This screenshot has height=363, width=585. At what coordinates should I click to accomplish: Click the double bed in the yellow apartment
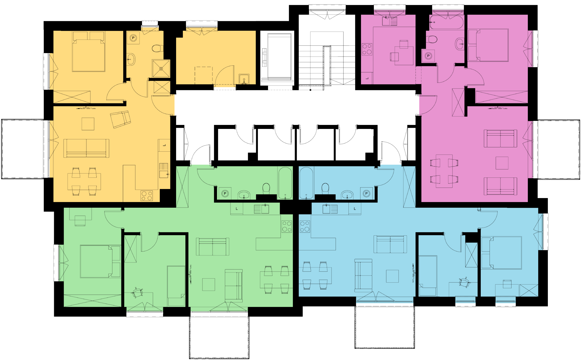[88, 51]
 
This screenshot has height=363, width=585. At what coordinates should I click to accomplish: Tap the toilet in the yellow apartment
[158, 48]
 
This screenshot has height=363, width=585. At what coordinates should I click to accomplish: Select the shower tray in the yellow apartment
[161, 69]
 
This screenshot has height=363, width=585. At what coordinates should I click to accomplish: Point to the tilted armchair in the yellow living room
[121, 119]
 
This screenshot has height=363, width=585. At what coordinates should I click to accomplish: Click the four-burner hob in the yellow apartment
[147, 196]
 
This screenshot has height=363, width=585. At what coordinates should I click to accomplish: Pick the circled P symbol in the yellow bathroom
[133, 38]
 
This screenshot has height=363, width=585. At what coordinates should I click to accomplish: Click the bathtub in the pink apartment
[446, 22]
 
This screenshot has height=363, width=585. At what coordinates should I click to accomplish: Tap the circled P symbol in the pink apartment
[428, 56]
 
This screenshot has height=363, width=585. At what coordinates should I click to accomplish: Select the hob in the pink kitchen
[367, 49]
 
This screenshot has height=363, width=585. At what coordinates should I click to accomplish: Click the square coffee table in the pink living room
[502, 163]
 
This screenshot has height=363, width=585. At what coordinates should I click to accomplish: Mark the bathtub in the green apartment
[285, 183]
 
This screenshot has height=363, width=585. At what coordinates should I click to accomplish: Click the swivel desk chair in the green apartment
[137, 293]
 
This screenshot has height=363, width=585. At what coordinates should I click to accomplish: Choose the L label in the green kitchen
[237, 209]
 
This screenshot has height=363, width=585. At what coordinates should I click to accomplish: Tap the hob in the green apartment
[286, 227]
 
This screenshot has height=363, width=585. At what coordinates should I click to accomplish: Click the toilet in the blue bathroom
[325, 188]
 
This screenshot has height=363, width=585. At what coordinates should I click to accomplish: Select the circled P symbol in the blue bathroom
[366, 194]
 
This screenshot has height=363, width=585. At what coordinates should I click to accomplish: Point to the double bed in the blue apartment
[502, 253]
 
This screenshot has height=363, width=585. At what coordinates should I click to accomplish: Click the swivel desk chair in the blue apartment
[464, 282]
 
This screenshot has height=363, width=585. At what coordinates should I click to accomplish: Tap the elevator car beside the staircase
[279, 57]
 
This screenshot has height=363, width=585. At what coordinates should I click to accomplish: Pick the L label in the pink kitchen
[367, 78]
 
